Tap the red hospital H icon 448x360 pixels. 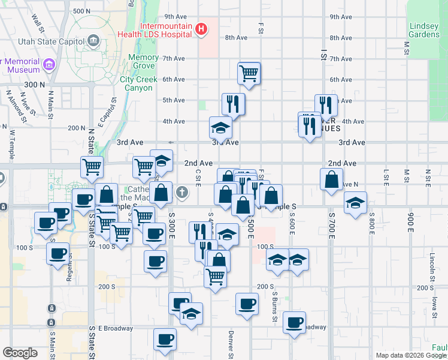(202, 28)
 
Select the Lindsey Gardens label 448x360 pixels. (425, 30)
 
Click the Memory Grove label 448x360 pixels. (144, 62)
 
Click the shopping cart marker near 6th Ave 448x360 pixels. (249, 74)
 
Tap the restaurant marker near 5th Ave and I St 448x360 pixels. (326, 105)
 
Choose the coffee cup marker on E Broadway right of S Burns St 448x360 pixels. (294, 323)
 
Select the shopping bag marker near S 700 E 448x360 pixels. (331, 179)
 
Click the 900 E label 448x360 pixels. (411, 222)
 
